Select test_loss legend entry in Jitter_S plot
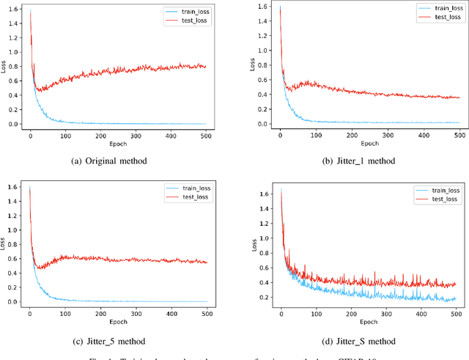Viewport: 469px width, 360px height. [x=440, y=199]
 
